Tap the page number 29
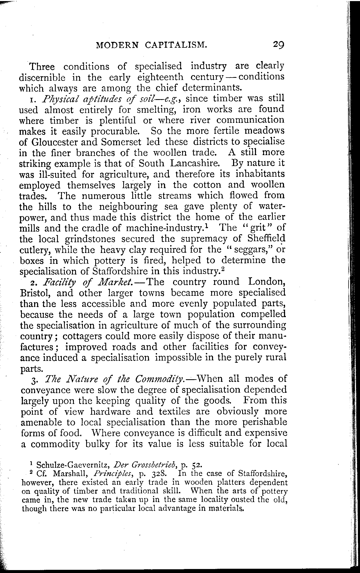pyautogui.click(x=277, y=44)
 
